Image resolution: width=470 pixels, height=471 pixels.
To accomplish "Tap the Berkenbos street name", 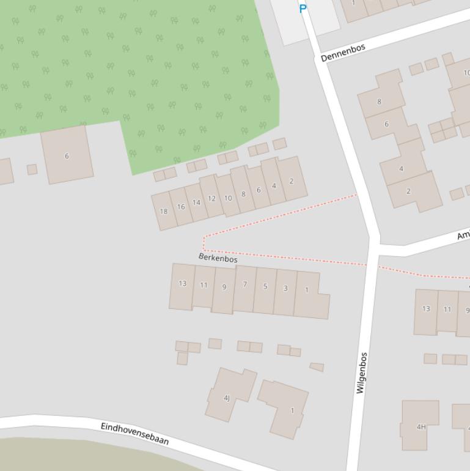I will pyautogui.click(x=218, y=258).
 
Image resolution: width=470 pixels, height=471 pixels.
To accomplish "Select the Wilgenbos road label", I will pyautogui.click(x=362, y=372).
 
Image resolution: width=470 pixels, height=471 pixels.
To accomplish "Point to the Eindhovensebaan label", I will pyautogui.click(x=134, y=432).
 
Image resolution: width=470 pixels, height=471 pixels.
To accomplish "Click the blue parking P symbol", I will pyautogui.click(x=303, y=9).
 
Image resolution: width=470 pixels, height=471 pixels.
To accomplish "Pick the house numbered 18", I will pyautogui.click(x=163, y=211).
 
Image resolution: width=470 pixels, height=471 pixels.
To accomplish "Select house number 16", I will pyautogui.click(x=180, y=207).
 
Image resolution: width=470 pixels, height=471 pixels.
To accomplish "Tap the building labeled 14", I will pyautogui.click(x=196, y=202).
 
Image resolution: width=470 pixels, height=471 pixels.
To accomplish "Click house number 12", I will pyautogui.click(x=211, y=198).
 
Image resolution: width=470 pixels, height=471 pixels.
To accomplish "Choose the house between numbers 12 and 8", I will pyautogui.click(x=228, y=198).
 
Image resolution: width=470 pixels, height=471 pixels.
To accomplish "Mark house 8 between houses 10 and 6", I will pyautogui.click(x=243, y=194).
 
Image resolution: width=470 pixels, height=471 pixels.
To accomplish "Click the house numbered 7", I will pyautogui.click(x=244, y=284).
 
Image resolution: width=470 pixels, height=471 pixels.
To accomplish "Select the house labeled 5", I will pyautogui.click(x=265, y=286).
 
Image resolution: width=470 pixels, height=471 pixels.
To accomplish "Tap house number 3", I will pyautogui.click(x=285, y=288).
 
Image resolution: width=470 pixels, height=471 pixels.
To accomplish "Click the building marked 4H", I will pyautogui.click(x=420, y=426).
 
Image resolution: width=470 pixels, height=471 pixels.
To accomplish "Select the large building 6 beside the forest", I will pyautogui.click(x=67, y=155).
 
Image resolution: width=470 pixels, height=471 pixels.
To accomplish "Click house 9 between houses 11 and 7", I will pyautogui.click(x=224, y=287).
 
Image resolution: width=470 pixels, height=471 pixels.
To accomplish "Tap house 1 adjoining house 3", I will pyautogui.click(x=309, y=292).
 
